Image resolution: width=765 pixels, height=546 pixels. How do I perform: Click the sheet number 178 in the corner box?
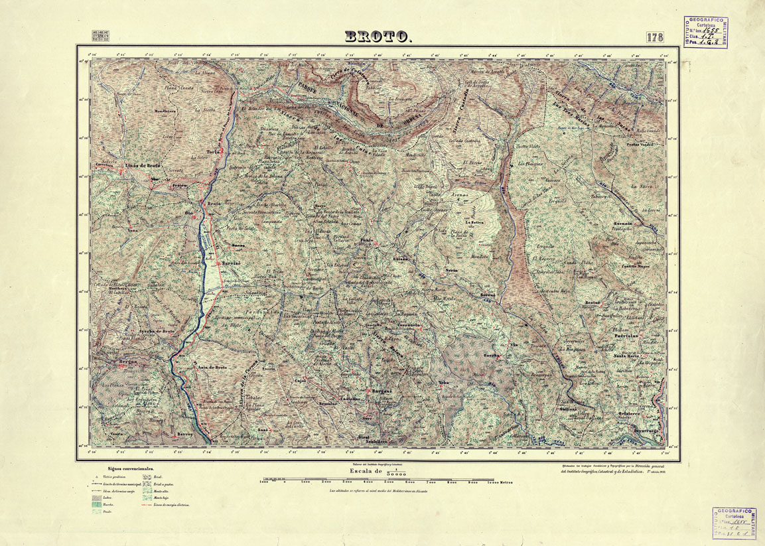point(654,37)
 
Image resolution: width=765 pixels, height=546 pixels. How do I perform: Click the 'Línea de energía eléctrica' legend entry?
point(171,505)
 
